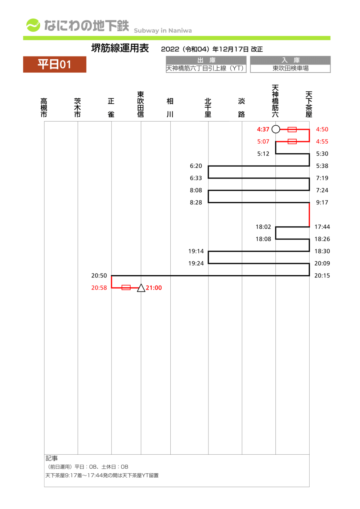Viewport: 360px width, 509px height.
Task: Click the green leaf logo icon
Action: click(33, 25)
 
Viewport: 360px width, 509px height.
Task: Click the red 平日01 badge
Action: click(55, 64)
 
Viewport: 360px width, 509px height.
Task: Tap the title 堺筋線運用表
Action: click(120, 48)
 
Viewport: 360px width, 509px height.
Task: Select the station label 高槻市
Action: click(44, 107)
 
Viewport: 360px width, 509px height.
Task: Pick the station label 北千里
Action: click(208, 107)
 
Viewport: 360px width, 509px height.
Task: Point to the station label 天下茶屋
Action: click(309, 104)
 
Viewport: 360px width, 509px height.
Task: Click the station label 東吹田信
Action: click(141, 104)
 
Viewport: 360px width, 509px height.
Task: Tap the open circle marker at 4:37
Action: click(276, 129)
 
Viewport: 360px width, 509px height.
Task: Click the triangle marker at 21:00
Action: click(141, 288)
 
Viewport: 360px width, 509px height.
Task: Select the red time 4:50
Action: click(322, 129)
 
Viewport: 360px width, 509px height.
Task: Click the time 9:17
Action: click(322, 202)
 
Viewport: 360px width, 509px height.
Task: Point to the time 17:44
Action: click(322, 227)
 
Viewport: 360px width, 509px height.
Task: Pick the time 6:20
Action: click(196, 166)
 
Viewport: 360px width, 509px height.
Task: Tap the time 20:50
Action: click(99, 275)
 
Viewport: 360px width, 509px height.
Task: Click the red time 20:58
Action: click(99, 288)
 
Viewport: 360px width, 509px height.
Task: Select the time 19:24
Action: click(196, 263)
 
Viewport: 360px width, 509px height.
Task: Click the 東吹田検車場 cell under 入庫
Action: click(290, 68)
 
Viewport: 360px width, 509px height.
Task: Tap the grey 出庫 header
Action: click(206, 60)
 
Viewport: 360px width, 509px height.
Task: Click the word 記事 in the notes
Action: click(51, 458)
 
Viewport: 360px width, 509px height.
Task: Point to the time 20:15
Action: click(322, 275)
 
